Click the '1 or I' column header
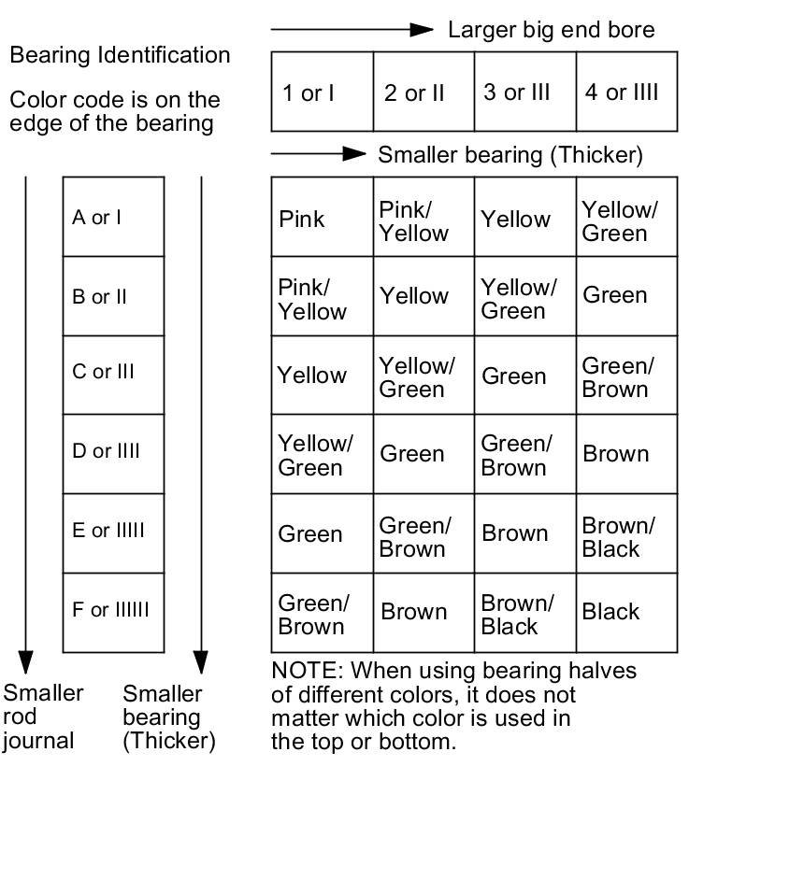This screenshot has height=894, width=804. pos(309,92)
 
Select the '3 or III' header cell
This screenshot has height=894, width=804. pos(517,92)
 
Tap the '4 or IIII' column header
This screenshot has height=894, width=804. pos(622,92)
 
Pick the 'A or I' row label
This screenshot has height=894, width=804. pos(97,218)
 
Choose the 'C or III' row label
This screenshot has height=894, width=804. pos(104,372)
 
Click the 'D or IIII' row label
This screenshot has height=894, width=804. pos(107,451)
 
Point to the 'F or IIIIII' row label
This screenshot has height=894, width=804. pos(110,610)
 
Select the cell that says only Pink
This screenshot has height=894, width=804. pos(302,220)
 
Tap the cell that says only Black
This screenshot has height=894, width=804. pos(610,612)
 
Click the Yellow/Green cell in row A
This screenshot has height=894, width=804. pos(620,221)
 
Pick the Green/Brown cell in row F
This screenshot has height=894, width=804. pos(313,615)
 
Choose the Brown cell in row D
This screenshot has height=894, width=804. pos(615,454)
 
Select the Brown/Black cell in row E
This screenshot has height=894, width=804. pos(618,537)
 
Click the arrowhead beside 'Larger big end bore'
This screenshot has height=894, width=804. pos(423,30)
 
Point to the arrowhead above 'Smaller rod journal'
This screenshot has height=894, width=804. pos(25,661)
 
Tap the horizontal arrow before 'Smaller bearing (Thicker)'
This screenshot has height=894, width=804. pos(319,153)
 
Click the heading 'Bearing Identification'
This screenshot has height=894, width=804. pos(120,55)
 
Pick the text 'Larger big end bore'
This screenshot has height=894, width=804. pos(552,30)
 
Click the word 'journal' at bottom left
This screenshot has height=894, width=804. pos(38,742)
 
